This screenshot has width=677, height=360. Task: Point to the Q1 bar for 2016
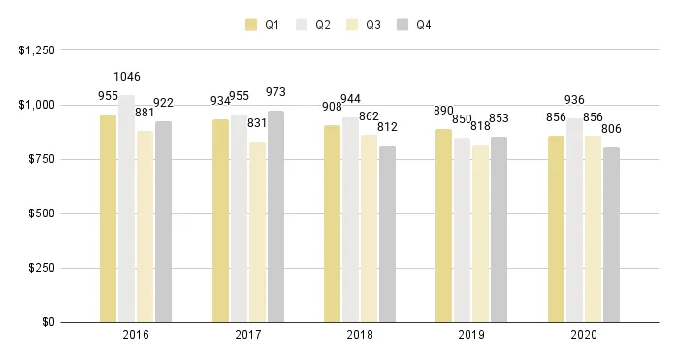[108, 218]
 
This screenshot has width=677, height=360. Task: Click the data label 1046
[127, 76]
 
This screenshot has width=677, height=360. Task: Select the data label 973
[276, 92]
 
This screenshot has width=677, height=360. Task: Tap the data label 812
[388, 127]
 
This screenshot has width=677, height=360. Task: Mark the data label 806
[611, 129]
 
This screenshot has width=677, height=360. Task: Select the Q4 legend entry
[414, 25]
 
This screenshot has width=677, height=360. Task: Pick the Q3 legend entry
[364, 25]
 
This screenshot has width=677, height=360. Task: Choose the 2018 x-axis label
[360, 335]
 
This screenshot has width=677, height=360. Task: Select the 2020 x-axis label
[584, 335]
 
